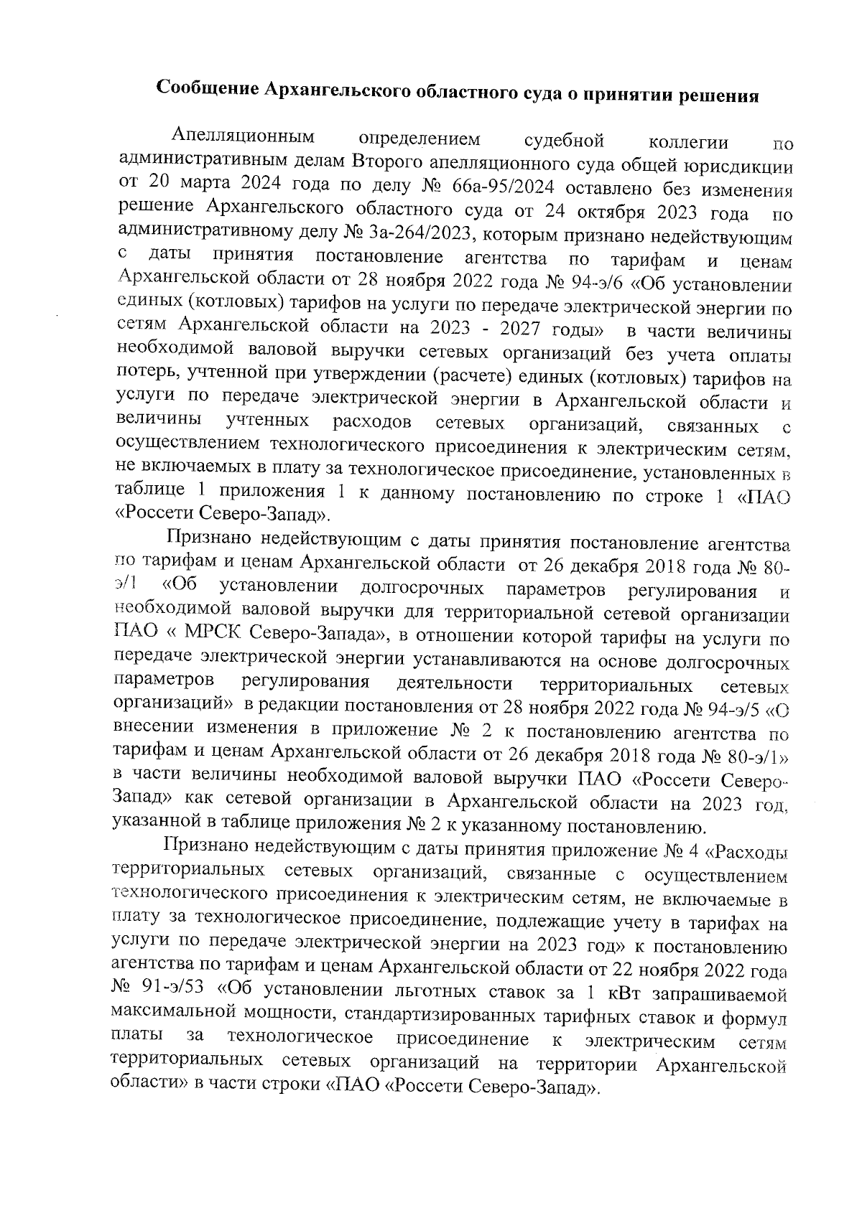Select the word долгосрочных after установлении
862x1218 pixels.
422,588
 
